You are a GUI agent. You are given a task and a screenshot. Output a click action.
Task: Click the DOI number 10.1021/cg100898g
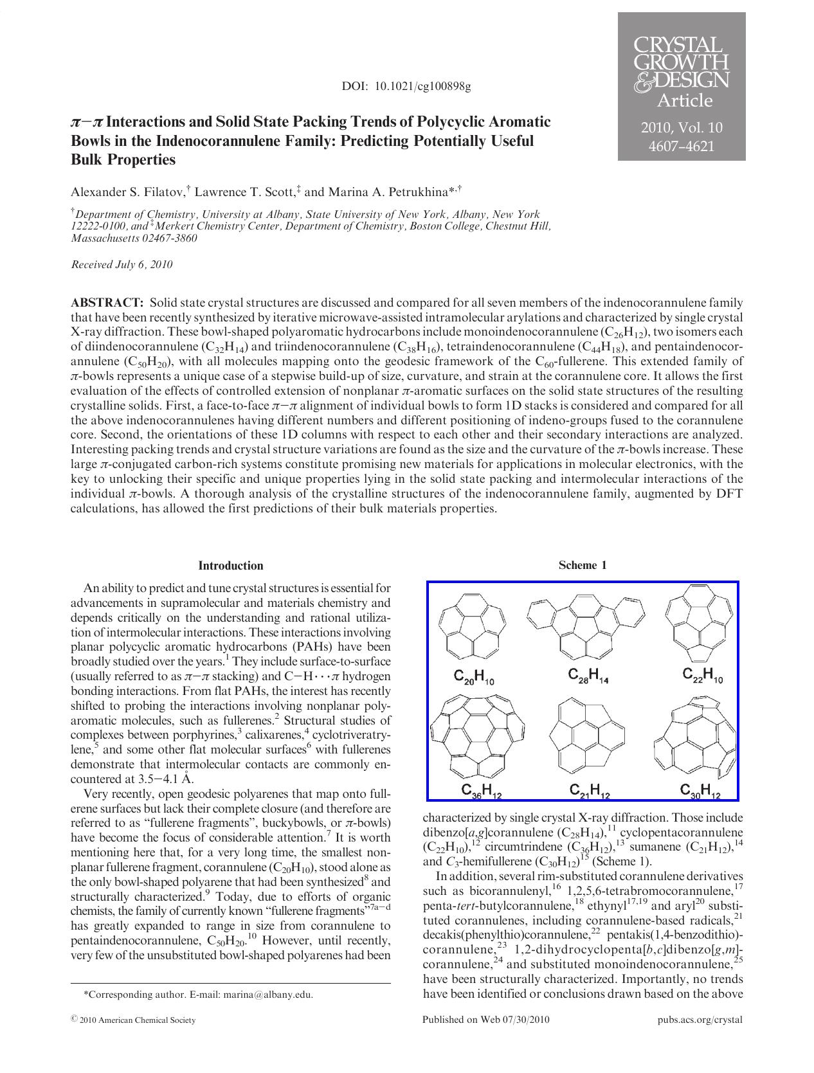423,86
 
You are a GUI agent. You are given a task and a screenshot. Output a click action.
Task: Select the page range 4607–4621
682,147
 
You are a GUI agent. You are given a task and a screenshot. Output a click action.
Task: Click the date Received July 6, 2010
122,265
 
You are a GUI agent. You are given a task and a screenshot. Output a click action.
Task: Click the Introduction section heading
231,566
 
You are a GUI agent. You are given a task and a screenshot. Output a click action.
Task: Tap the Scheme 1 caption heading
583,566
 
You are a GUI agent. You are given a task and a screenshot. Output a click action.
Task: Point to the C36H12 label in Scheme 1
481,791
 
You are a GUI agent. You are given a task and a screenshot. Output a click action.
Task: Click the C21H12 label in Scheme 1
590,791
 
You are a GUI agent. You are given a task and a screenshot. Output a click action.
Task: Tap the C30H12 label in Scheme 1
700,791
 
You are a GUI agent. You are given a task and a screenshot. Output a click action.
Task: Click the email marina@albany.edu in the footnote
268,995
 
